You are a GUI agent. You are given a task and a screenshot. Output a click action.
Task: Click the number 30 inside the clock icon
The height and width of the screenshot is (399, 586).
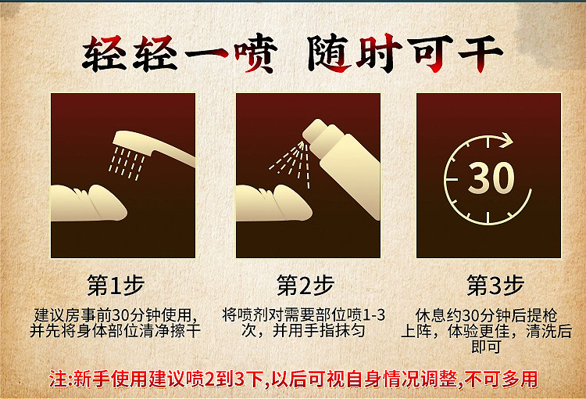pyautogui.click(x=491, y=178)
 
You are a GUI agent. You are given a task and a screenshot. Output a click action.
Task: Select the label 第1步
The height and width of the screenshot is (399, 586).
pyautogui.click(x=115, y=286)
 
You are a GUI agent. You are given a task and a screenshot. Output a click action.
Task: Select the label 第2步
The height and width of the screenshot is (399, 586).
pyautogui.click(x=305, y=286)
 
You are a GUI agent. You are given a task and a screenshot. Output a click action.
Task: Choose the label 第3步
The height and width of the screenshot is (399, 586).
pyautogui.click(x=495, y=286)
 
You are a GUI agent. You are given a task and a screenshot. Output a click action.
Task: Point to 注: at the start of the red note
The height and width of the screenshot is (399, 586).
pyautogui.click(x=60, y=380)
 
